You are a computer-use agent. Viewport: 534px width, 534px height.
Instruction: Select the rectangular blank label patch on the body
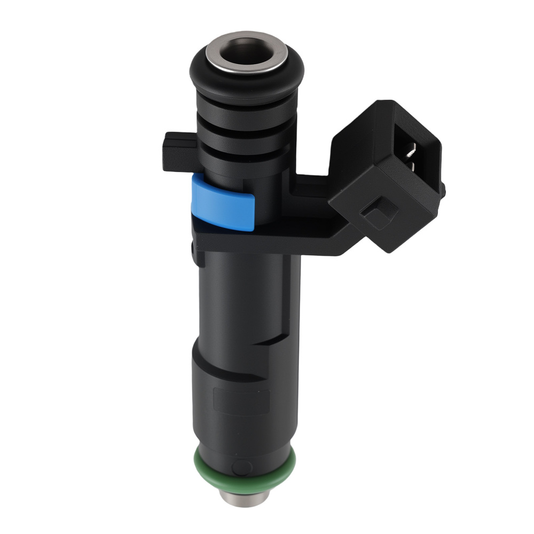(241, 400)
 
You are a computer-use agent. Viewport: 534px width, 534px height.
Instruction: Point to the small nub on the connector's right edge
(443, 189)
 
